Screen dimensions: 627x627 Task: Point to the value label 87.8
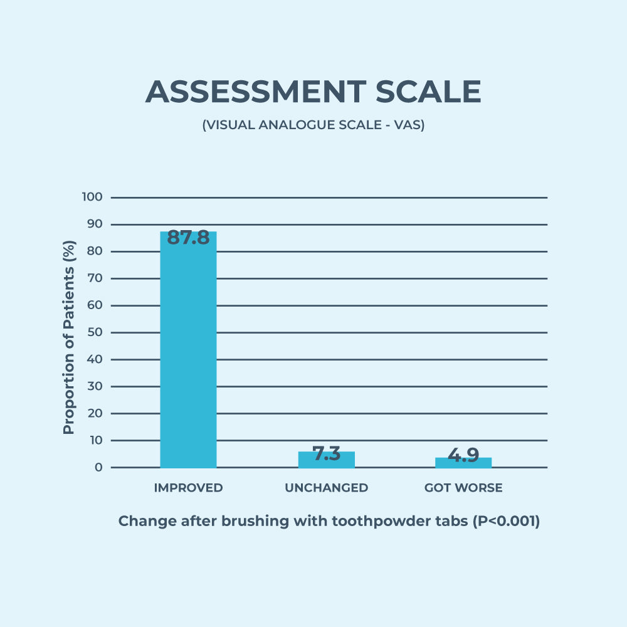tap(188, 238)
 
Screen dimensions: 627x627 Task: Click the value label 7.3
tap(326, 454)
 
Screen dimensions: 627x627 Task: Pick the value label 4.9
tap(464, 455)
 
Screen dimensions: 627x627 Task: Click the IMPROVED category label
tap(188, 488)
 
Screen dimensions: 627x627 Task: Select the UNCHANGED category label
tap(326, 488)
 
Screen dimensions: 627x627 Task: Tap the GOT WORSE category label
tap(463, 488)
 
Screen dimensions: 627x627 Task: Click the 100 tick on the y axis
tap(92, 197)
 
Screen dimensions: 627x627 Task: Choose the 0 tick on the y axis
tap(98, 468)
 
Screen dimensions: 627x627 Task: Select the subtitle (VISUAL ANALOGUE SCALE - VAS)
tap(313, 125)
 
